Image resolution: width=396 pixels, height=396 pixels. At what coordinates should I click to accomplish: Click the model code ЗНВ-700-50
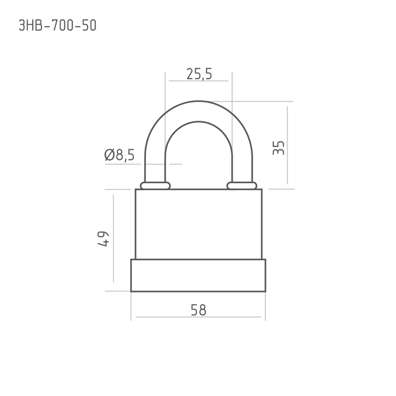tap(57, 26)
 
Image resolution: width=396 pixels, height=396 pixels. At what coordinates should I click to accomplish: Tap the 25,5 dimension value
tap(199, 74)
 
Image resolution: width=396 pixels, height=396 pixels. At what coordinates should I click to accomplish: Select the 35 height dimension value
tap(279, 148)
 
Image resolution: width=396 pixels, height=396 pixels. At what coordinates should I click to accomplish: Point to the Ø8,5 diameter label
tap(119, 155)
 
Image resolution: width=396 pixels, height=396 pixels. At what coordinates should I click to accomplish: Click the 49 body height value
tap(103, 239)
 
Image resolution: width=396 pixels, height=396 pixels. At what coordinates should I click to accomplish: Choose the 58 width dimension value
tap(198, 310)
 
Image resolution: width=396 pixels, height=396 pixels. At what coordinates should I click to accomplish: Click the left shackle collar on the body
tap(155, 186)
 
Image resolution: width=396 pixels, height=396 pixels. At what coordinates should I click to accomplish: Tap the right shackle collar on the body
tap(242, 186)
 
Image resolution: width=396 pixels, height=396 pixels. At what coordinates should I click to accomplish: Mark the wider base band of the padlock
tap(198, 276)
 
